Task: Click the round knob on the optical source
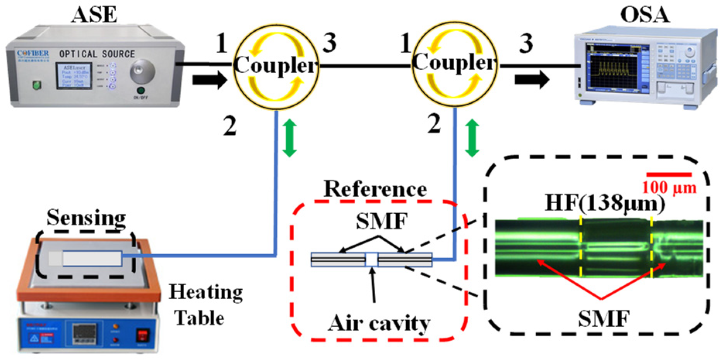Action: (142, 71)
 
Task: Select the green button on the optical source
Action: (37, 85)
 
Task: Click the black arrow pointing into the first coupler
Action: (209, 80)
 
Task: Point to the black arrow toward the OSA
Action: (532, 79)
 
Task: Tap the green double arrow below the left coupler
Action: (289, 138)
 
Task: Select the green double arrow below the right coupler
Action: (472, 138)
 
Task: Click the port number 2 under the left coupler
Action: (229, 126)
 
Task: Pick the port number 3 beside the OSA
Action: (526, 43)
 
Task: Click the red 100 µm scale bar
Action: (669, 175)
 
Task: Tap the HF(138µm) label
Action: (604, 202)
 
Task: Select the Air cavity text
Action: (379, 323)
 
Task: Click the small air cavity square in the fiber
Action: (371, 259)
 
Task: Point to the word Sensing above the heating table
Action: (86, 218)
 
